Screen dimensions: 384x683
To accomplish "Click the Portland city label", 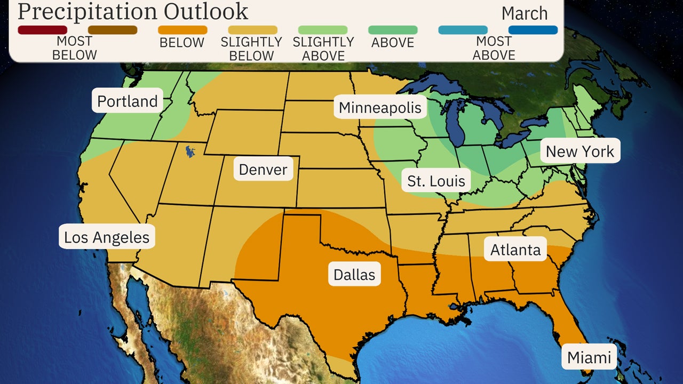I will [128, 101].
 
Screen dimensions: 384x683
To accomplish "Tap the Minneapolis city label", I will [380, 108].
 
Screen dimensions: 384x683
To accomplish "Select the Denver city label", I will [263, 170].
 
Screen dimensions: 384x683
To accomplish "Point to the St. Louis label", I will [436, 181].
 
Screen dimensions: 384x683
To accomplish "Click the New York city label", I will [580, 151].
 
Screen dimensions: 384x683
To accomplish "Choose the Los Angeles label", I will [107, 237].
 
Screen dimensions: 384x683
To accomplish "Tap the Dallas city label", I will [354, 274].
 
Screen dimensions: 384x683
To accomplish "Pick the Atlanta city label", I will [515, 249].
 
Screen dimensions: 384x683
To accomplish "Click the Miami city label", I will [589, 357].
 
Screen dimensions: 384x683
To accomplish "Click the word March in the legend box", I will [524, 13].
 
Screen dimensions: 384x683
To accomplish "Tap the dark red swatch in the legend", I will [43, 30].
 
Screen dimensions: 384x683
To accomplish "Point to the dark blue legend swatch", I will [533, 30].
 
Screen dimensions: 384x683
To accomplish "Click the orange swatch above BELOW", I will [182, 30].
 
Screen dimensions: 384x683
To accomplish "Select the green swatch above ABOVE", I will [393, 30].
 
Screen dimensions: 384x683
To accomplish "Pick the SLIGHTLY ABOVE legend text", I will [323, 49].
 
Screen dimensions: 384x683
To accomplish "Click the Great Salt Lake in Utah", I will [190, 152].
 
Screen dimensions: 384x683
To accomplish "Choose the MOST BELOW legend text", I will [75, 49].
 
